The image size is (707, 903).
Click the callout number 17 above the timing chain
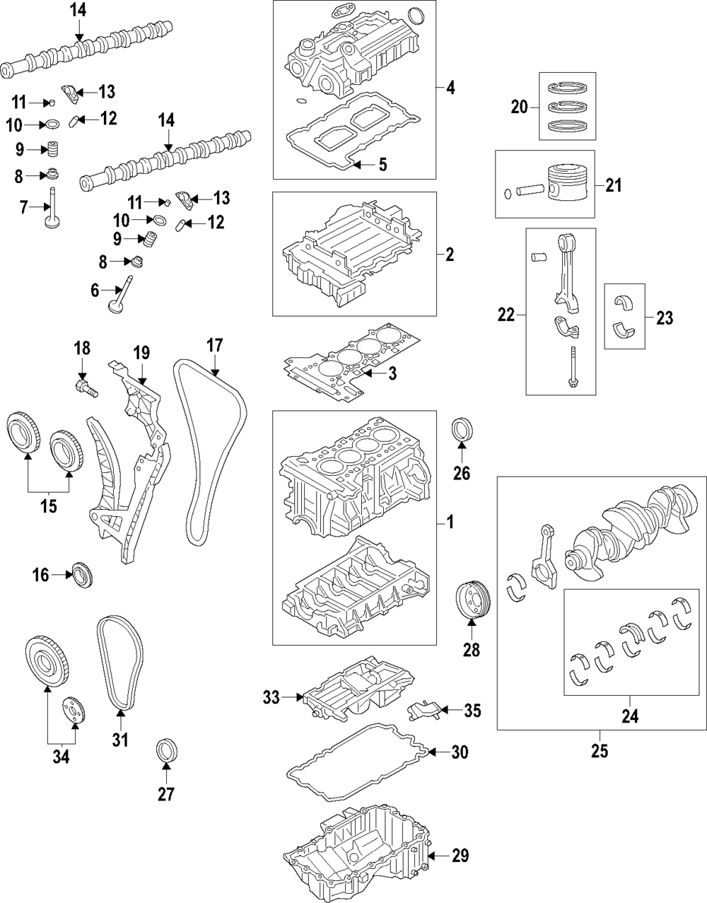214,345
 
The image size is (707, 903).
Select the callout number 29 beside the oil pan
460,856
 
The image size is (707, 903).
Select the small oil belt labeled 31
120,663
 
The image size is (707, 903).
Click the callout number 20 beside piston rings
520,107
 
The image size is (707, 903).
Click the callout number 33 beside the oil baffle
271,698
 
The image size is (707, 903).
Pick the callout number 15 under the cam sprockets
49,506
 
